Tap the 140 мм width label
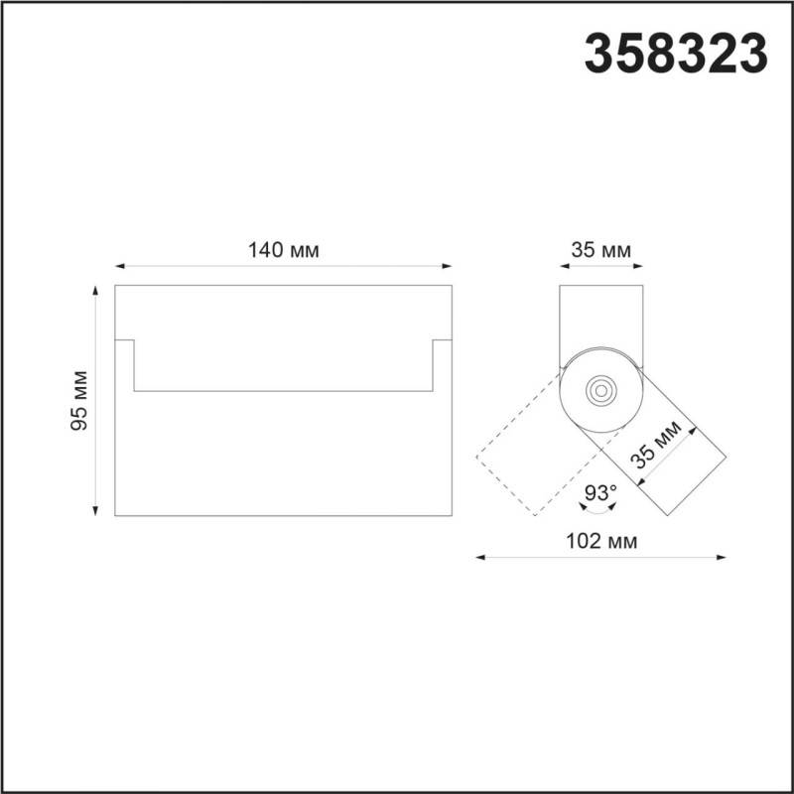[283, 250]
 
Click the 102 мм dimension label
[602, 541]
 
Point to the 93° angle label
[599, 491]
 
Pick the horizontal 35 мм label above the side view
[600, 250]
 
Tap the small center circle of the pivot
[599, 390]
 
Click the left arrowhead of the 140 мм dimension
[120, 266]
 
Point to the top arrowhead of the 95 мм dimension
[95, 289]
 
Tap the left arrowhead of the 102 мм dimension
[479, 558]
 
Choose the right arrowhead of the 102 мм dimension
[726, 558]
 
